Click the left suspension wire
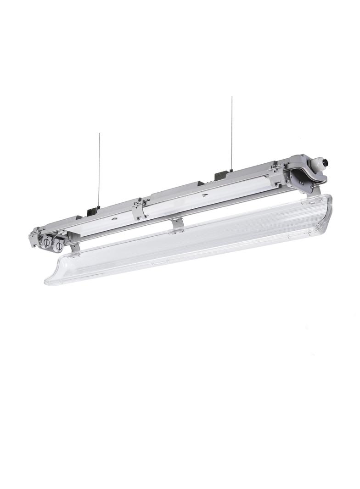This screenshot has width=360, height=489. tap(99, 170)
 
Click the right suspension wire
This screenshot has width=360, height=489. tap(232, 133)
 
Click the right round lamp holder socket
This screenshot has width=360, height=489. tap(58, 246)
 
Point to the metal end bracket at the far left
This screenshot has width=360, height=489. tap(33, 239)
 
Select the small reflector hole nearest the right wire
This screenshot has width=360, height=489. tap(204, 194)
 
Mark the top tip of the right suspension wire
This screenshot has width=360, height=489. tap(232, 97)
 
